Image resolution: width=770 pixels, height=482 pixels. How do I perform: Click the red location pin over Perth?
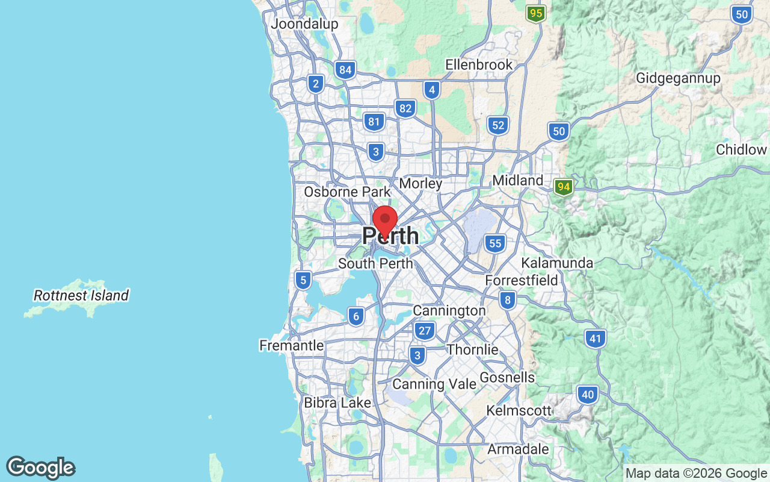(385, 221)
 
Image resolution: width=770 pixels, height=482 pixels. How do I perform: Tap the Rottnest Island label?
(81, 296)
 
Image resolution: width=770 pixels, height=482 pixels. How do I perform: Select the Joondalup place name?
(304, 24)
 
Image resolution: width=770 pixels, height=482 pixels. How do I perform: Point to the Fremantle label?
(291, 346)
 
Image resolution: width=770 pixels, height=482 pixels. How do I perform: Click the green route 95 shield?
(535, 13)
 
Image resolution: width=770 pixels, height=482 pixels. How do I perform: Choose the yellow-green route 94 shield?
(563, 187)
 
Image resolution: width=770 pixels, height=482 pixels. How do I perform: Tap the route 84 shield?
(345, 70)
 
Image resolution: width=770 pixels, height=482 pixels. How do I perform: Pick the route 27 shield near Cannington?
(425, 330)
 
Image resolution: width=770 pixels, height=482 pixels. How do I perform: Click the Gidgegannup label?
(678, 78)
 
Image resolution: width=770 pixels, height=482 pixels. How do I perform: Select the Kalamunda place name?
(557, 263)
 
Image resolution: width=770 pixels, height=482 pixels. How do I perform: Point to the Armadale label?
(518, 449)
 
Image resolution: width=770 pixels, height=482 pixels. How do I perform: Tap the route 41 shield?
(595, 339)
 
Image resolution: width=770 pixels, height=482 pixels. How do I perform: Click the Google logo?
(40, 468)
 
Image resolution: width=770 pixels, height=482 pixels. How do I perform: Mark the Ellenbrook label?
(479, 64)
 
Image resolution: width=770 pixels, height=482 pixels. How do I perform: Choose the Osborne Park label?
(347, 192)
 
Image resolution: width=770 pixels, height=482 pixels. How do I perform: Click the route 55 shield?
(495, 243)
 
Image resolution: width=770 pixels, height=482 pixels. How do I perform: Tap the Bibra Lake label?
(337, 402)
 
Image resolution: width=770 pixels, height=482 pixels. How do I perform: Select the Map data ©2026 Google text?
(696, 474)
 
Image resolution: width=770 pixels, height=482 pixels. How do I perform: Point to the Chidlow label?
(741, 150)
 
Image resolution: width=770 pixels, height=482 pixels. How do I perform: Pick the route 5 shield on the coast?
(303, 280)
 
